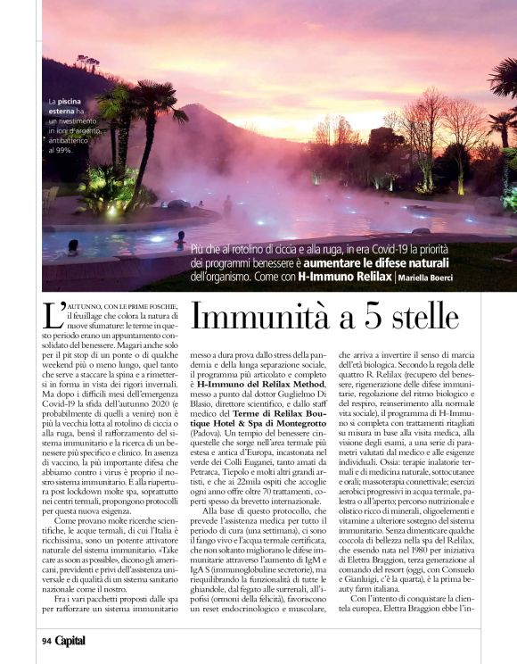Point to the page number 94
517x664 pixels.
coord(46,640)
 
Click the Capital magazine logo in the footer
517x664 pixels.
coord(70,640)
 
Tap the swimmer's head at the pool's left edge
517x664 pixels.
coord(72,244)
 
